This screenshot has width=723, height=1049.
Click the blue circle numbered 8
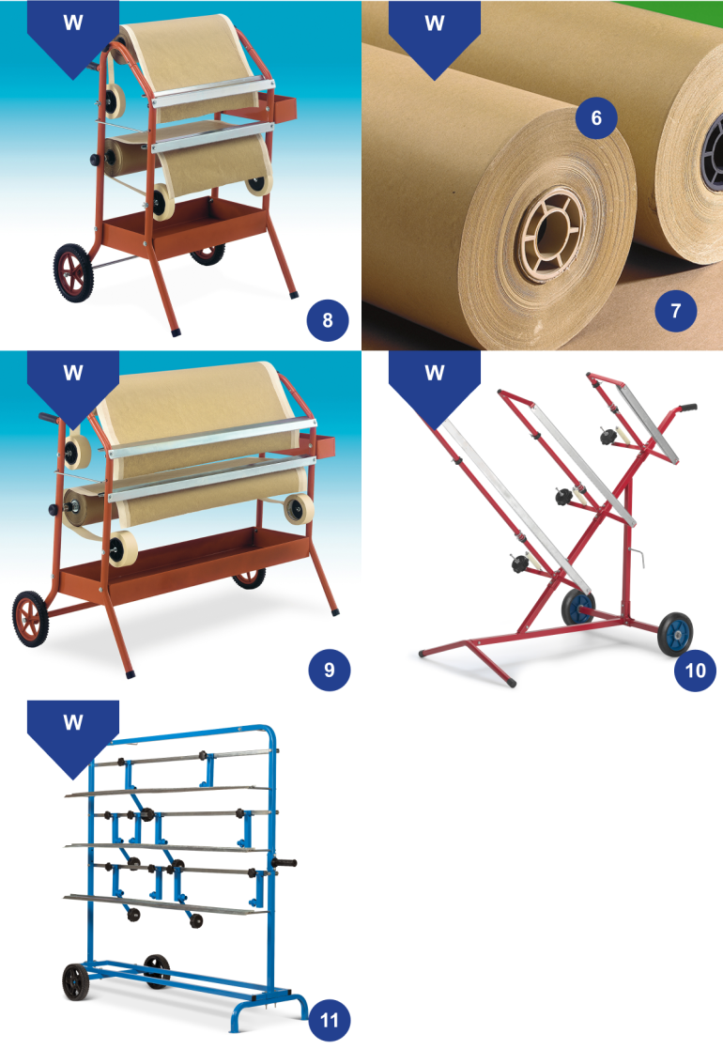(x=328, y=320)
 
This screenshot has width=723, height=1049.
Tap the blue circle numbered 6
(x=596, y=117)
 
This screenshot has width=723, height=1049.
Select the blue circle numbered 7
(x=675, y=311)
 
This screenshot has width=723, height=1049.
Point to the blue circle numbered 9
(x=329, y=670)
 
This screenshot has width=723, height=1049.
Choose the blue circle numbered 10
(x=695, y=670)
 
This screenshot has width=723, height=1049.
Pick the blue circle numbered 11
(x=329, y=1020)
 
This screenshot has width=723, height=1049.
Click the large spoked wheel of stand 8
(x=73, y=272)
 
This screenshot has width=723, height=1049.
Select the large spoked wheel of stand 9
(x=31, y=619)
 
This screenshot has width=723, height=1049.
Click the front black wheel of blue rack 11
(x=75, y=982)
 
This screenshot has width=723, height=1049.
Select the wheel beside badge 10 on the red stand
(x=675, y=633)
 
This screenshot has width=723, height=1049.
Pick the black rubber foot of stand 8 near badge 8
(x=176, y=332)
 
